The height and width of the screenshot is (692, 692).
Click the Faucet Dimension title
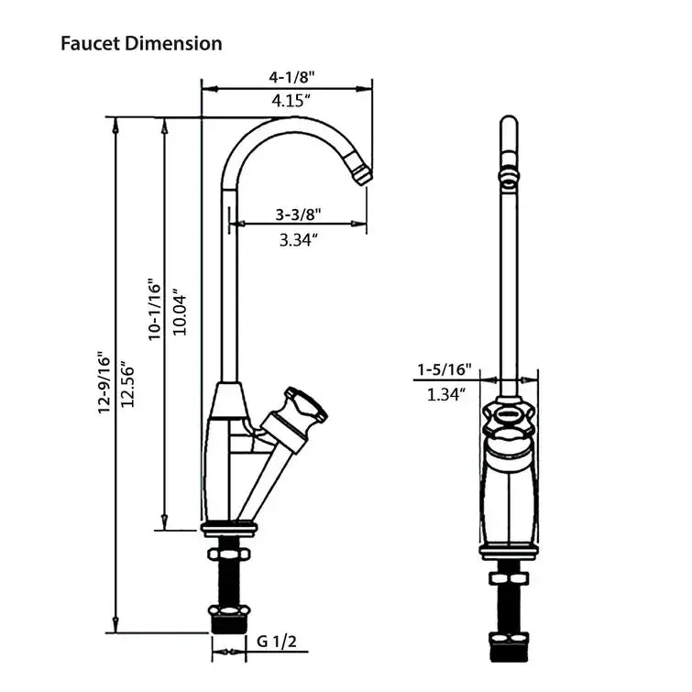(141, 43)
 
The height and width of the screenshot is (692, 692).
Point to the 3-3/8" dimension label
(298, 215)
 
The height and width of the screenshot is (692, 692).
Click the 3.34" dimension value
(297, 240)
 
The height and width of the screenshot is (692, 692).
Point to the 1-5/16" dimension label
(444, 369)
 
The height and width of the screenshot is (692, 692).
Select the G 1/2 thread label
(276, 642)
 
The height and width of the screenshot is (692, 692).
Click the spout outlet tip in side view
(363, 172)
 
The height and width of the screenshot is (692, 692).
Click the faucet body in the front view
(510, 495)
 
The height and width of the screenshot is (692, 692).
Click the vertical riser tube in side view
(228, 293)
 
